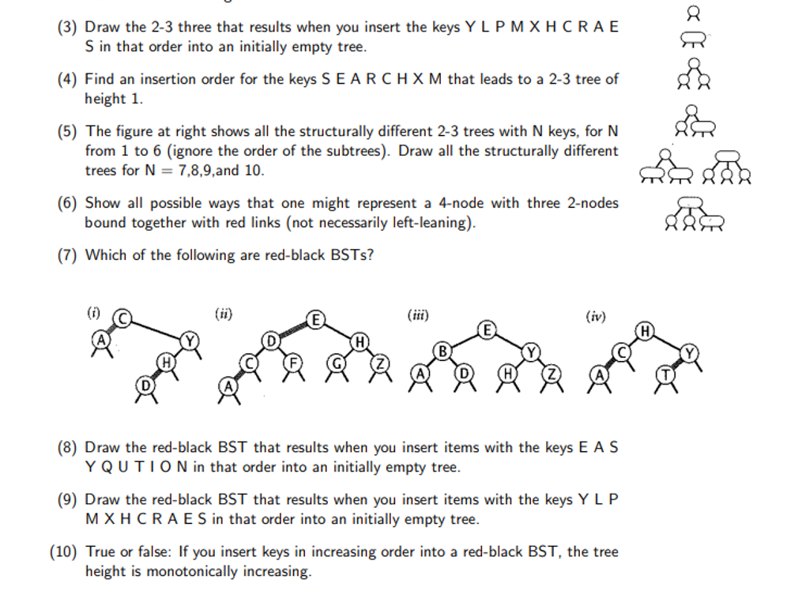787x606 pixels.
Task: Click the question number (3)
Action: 68,28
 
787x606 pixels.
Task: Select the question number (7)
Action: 68,255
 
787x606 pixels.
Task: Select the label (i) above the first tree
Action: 91,312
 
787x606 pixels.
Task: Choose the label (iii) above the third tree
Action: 417,314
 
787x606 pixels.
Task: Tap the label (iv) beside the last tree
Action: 595,317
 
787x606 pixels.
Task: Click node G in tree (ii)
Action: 337,363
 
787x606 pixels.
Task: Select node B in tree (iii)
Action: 443,348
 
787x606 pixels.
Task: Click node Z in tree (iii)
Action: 552,373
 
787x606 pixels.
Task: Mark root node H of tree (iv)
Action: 645,329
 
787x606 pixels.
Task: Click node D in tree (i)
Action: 145,385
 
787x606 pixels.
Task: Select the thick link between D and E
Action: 292,331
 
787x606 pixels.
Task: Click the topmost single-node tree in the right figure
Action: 694,12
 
